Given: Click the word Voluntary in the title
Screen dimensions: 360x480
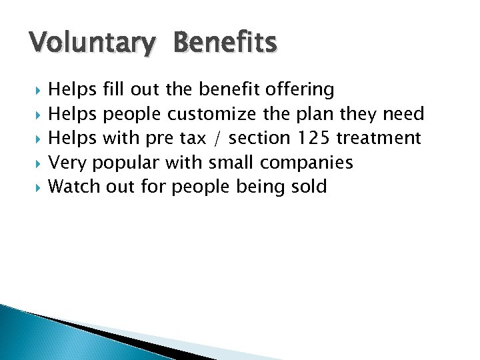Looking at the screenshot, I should point(91,43).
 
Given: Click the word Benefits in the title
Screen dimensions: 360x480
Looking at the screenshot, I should point(224,42).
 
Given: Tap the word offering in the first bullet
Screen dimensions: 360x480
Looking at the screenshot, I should point(299,90).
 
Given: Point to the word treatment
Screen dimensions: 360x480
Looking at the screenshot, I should point(379,138).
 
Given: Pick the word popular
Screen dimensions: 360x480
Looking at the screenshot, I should point(126,163).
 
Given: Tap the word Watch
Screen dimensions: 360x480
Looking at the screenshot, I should point(75,186).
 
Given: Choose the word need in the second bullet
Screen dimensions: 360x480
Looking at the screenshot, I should point(403,114).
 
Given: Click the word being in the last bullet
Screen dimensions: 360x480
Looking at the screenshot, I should point(256,187).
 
